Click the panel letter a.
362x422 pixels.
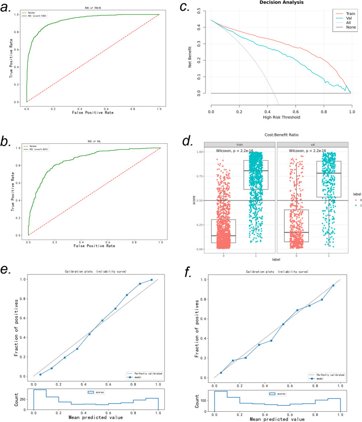[10, 10]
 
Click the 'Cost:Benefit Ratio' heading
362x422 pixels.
[280, 134]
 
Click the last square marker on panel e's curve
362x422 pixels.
[151, 280]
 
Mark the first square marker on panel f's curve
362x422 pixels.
[221, 373]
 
